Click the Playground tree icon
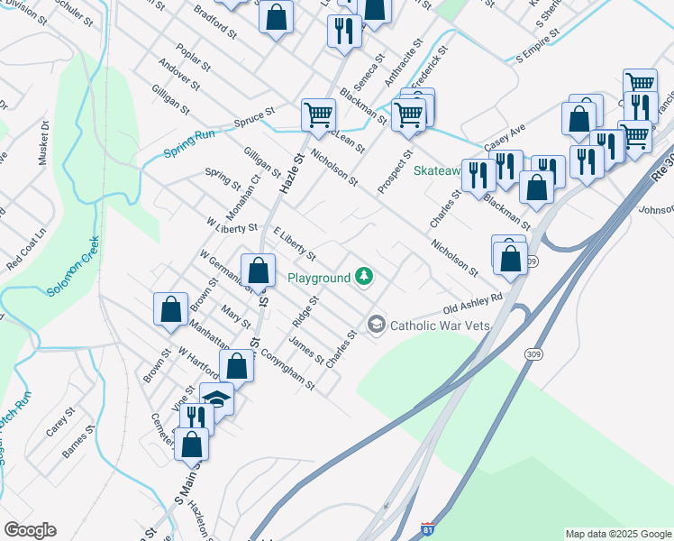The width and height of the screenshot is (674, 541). coord(364,277)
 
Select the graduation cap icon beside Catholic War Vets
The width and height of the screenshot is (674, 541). coord(376,324)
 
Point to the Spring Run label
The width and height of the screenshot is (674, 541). coord(189,143)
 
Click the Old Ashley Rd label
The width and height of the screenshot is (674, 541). coord(470,307)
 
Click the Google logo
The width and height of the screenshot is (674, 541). coord(30,530)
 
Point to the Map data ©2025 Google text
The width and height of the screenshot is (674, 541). coord(617,534)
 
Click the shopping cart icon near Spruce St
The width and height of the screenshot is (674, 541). coord(318,115)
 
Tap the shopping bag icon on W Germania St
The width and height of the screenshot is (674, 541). coord(259,270)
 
